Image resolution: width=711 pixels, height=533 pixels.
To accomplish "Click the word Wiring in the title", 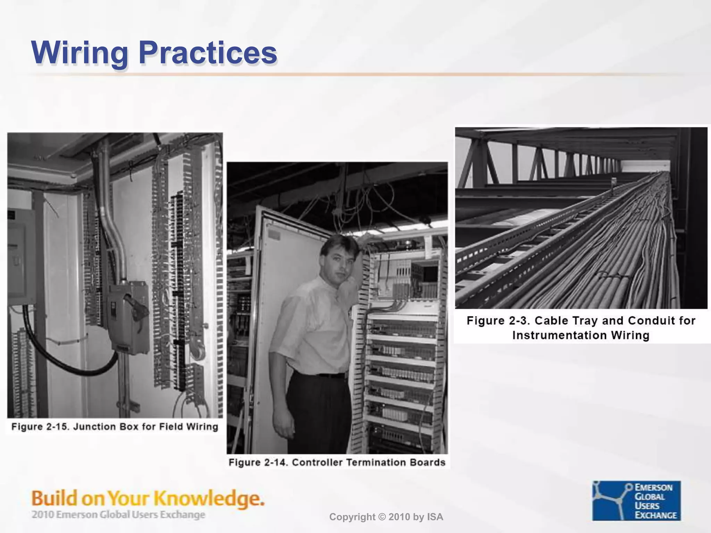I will pos(79,53).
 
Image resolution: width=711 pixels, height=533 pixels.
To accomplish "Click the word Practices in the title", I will pos(207,53).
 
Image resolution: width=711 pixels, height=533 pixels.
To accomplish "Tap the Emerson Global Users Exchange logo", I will pos(636,500).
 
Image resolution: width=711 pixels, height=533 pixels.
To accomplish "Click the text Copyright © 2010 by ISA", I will pos(386,517).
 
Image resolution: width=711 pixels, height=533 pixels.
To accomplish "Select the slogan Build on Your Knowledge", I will pos(148,499).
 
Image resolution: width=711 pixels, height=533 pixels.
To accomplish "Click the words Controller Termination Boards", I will pos(369,463).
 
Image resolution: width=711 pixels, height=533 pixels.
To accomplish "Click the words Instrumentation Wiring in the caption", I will pos(581,336).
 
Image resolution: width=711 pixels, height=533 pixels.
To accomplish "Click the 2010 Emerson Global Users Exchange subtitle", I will pos(118,515).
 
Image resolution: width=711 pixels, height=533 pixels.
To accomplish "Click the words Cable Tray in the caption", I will pos(566,321).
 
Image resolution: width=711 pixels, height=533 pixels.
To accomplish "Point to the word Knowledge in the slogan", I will pos(208,499).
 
